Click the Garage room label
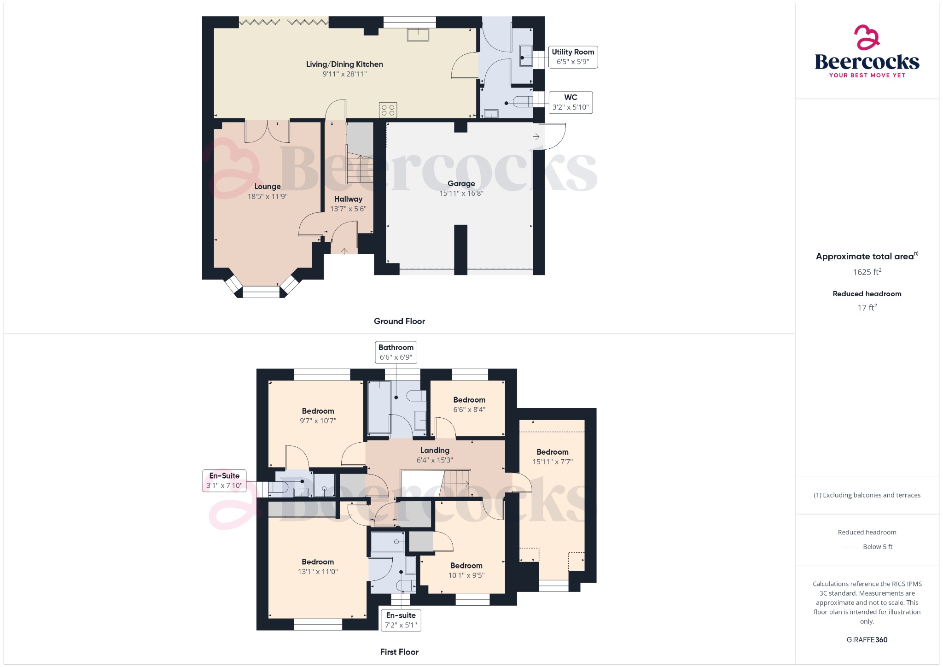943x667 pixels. pos(461,183)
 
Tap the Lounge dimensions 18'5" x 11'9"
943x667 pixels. pos(267,196)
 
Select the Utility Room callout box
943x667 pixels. pos(573,57)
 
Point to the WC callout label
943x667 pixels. pos(570,102)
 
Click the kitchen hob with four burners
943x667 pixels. pos(388,110)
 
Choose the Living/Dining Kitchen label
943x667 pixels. pos(344,64)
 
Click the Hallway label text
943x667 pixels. pos(348,199)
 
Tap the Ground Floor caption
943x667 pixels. pos(399,321)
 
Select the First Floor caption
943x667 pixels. pos(399,652)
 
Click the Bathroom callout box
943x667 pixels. pos(396,352)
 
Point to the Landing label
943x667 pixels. pos(435,450)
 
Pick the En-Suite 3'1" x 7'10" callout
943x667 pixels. pos(224,480)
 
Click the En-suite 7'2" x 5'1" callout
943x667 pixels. pos(401,620)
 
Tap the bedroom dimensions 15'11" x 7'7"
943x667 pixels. pos(553,462)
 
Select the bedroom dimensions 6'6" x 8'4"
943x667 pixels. pos(469,410)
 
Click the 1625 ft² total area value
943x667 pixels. pos(867,272)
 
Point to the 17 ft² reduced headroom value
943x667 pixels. pos(867,307)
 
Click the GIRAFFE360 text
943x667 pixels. pos(867,639)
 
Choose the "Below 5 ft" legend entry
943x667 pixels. pos(877,547)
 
